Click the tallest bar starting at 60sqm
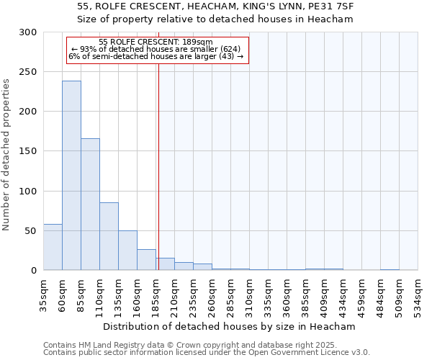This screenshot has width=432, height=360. [x=71, y=176]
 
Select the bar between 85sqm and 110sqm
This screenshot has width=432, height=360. [x=90, y=204]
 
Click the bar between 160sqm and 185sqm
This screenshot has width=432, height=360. [x=146, y=260]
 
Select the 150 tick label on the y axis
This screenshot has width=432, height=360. [x=28, y=152]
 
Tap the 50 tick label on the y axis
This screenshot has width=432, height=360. [x=31, y=231]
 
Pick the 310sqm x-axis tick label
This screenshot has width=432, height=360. [x=250, y=295]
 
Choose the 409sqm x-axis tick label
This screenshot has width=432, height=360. [x=325, y=295]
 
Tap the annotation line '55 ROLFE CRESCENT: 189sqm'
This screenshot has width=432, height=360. [x=156, y=42]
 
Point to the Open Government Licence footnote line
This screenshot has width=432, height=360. [x=207, y=353]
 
